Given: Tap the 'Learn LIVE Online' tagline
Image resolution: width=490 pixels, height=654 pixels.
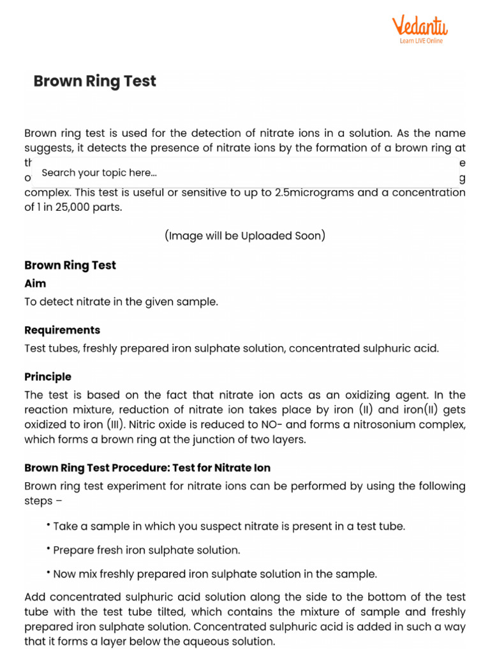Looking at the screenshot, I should (420, 41).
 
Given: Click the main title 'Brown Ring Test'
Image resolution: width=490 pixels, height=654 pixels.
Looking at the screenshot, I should (94, 81).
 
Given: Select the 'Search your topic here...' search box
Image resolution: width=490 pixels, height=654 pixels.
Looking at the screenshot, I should (99, 172).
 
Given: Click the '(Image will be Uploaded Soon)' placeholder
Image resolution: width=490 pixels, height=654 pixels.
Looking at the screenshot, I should (245, 236).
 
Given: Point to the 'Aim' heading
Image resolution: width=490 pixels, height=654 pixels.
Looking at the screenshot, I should (35, 283).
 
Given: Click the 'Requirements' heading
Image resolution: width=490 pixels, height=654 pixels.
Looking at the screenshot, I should (62, 330).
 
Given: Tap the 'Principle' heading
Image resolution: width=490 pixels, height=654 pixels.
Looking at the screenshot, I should (48, 377).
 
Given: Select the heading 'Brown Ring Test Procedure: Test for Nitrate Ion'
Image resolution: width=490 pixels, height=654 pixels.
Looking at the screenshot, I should (147, 468).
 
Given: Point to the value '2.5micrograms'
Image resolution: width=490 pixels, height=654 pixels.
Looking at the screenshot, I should (310, 193).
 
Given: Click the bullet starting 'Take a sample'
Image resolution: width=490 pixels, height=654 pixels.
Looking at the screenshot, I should (228, 526).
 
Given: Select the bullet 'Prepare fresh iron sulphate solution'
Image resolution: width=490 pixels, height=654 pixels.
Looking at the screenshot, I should (146, 550).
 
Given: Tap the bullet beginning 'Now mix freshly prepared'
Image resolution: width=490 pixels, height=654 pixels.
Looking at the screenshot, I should (214, 574).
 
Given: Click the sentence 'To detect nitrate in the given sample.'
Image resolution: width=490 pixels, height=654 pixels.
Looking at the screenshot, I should (121, 301).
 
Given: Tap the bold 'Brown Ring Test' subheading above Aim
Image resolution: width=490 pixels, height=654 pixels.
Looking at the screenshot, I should (70, 265).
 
